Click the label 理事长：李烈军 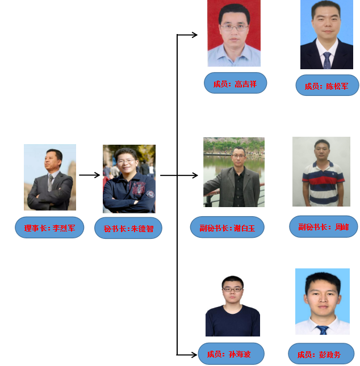[x=49, y=228]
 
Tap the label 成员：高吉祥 [x=235, y=83]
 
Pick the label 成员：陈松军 [x=327, y=86]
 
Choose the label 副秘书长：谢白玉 [x=227, y=227]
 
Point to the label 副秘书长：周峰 [x=323, y=226]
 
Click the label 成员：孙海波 [x=231, y=354]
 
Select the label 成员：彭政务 [x=321, y=354]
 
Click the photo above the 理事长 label [x=50, y=177]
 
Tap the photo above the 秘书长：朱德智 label [x=129, y=179]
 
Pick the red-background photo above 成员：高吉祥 [x=234, y=33]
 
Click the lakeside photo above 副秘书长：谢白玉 [x=234, y=172]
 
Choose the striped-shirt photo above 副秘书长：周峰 [x=321, y=171]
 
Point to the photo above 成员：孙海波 [x=233, y=306]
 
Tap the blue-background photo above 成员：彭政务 [x=322, y=301]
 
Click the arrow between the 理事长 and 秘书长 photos [x=89, y=175]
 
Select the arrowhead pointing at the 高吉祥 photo [x=195, y=35]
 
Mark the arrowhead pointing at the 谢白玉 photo [x=195, y=175]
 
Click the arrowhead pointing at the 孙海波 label [x=194, y=355]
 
